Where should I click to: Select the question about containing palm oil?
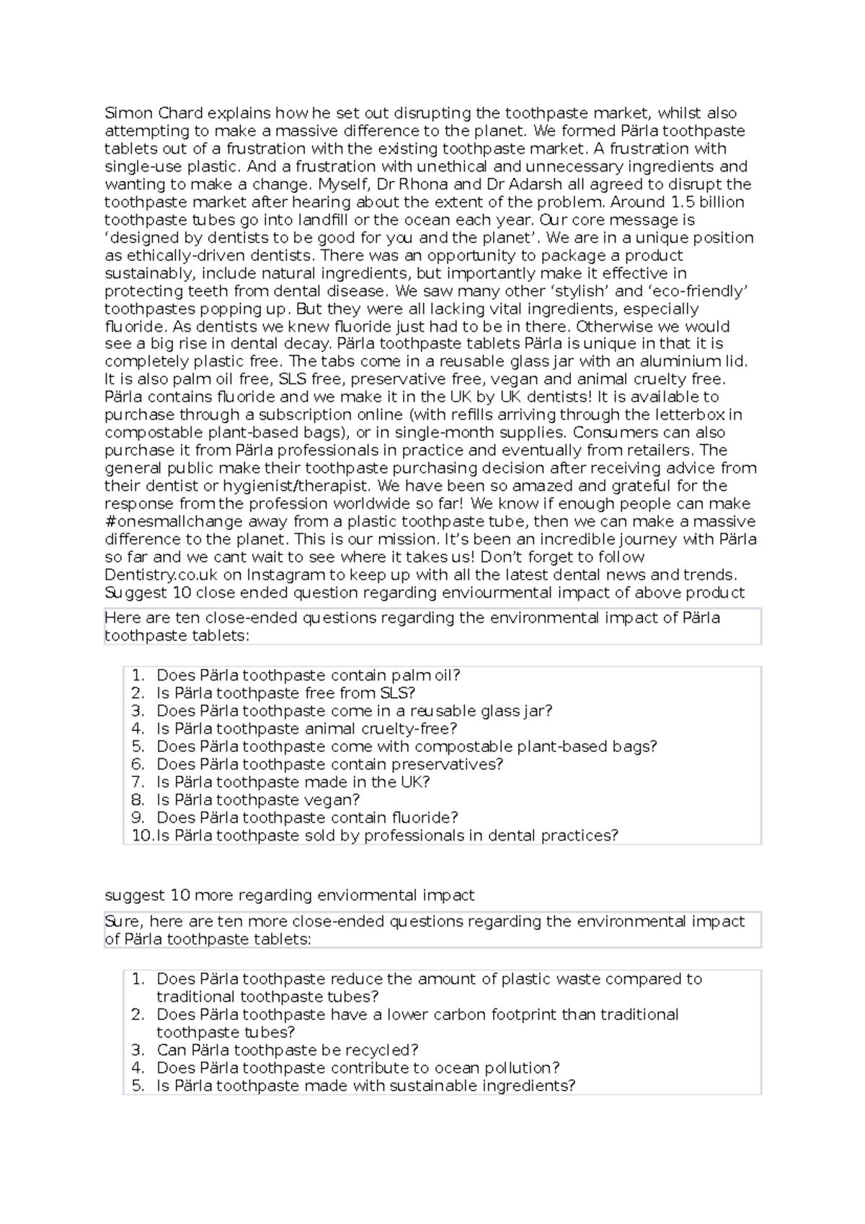tap(308, 675)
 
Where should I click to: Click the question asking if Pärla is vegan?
tap(257, 800)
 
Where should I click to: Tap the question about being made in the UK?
tap(293, 782)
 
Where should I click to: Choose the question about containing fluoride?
tap(307, 817)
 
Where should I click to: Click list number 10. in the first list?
tap(142, 835)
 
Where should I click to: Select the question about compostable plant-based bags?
tap(407, 747)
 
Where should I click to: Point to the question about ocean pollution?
tap(358, 1068)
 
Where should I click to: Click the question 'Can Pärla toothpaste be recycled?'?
tap(287, 1050)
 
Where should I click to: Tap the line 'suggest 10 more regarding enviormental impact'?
tap(289, 895)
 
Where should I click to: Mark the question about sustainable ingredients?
tap(365, 1086)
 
